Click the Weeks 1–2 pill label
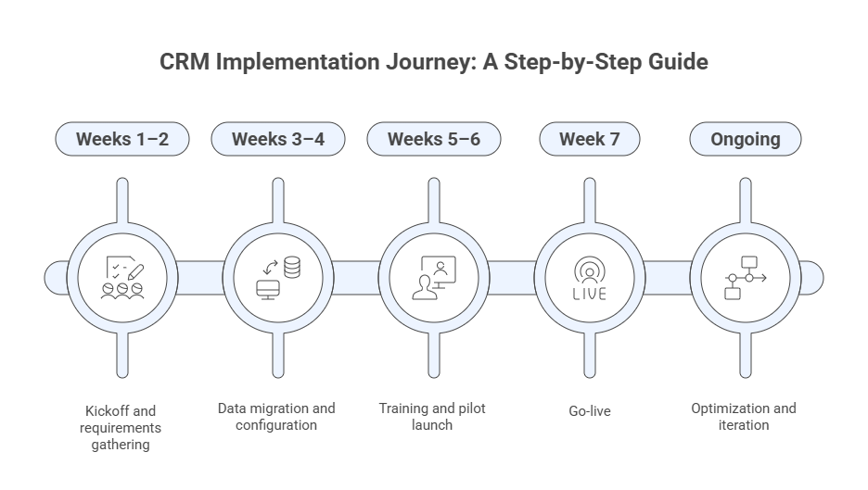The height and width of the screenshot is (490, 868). point(122,140)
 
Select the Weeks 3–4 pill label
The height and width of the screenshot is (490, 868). point(277,140)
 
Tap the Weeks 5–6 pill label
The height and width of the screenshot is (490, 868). point(433,140)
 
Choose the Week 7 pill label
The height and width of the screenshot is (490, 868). point(589,140)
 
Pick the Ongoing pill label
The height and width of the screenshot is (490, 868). point(745,140)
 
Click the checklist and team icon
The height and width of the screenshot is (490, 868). point(122,276)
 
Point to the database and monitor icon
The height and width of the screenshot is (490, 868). point(277,276)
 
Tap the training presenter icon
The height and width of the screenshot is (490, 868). point(433,276)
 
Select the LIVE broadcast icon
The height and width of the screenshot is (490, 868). point(589,276)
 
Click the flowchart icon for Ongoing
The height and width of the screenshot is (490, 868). point(745,276)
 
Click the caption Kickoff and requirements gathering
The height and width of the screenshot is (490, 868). point(122,427)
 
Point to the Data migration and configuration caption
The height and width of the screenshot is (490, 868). point(276,417)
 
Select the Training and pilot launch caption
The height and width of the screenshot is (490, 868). point(432,417)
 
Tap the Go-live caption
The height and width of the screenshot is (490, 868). point(589,409)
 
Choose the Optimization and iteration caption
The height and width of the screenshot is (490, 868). point(744,417)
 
